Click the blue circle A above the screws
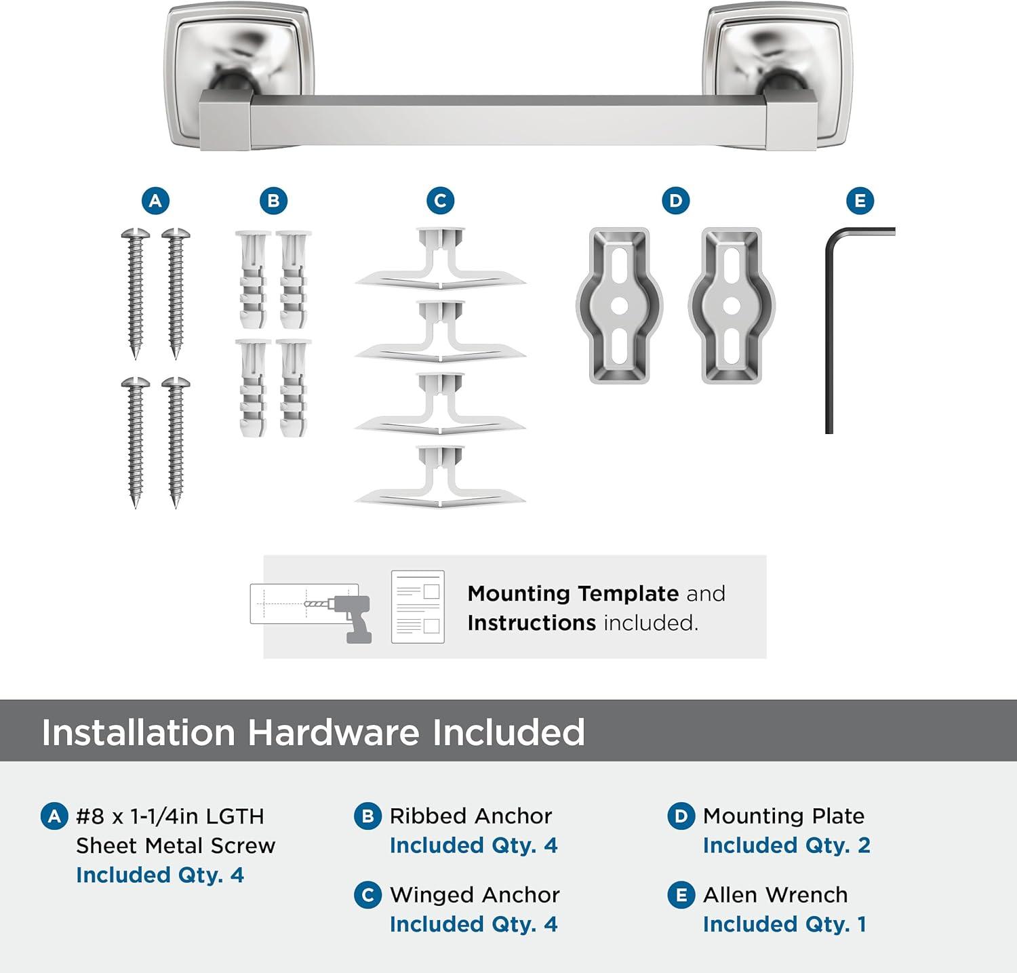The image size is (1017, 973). point(155,201)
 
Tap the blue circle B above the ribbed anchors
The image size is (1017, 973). point(273,201)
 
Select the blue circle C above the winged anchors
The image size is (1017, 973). point(440,201)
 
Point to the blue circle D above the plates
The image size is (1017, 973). point(675,201)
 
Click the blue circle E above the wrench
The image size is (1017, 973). point(860,201)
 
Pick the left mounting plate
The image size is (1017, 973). point(619,305)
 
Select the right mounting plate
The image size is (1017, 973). point(732,305)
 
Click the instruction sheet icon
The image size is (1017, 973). point(418,607)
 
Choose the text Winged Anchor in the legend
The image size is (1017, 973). point(475,895)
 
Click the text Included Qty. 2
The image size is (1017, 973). point(786,846)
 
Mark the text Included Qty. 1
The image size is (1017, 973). point(784,924)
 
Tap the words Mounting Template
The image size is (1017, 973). point(573,594)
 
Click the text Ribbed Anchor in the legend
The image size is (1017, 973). point(471,816)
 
